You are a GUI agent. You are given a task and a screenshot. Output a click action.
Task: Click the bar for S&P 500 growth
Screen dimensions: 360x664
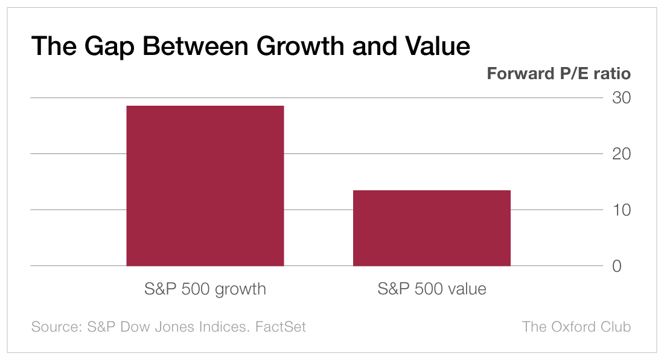pyautogui.click(x=205, y=185)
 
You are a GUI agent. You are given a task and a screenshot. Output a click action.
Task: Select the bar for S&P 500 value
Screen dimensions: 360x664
pyautogui.click(x=432, y=228)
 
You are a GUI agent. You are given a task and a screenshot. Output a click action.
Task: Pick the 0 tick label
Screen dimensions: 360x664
pyautogui.click(x=616, y=266)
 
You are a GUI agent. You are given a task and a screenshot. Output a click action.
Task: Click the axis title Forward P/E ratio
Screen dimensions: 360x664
pyautogui.click(x=558, y=74)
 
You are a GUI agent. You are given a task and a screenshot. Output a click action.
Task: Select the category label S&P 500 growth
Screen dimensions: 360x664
pyautogui.click(x=205, y=289)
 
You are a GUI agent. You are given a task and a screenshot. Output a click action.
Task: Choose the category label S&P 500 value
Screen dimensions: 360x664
pyautogui.click(x=432, y=289)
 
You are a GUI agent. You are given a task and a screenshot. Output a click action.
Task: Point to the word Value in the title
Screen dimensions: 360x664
pyautogui.click(x=438, y=46)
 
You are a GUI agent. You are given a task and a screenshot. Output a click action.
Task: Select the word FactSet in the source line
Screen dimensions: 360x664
pyautogui.click(x=281, y=327)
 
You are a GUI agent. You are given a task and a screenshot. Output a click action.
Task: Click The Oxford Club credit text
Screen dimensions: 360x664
pyautogui.click(x=576, y=327)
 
